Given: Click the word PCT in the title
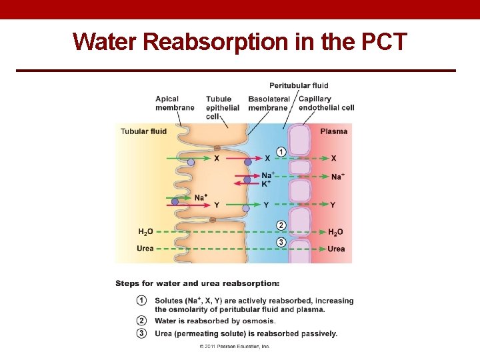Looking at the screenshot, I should pyautogui.click(x=383, y=41).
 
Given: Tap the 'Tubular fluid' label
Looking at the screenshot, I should pyautogui.click(x=143, y=131).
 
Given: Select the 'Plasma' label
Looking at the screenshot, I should pyautogui.click(x=333, y=131).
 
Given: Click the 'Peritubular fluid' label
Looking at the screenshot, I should pyautogui.click(x=299, y=85).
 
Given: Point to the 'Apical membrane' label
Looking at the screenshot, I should pyautogui.click(x=175, y=103).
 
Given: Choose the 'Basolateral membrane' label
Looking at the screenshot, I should pyautogui.click(x=268, y=103).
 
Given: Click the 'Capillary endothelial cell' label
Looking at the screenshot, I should pyautogui.click(x=326, y=103).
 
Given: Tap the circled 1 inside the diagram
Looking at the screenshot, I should pyautogui.click(x=281, y=152).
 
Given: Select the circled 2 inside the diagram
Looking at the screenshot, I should pyautogui.click(x=281, y=225).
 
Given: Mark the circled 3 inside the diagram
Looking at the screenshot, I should pyautogui.click(x=281, y=242).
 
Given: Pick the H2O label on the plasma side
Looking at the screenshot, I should pyautogui.click(x=335, y=232).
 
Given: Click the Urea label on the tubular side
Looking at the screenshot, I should pyautogui.click(x=145, y=249).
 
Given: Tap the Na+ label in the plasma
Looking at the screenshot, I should pyautogui.click(x=337, y=177).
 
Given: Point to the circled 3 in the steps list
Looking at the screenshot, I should pyautogui.click(x=141, y=333).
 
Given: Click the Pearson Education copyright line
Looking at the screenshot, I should pyautogui.click(x=234, y=347).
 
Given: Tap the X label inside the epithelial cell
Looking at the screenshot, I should pyautogui.click(x=217, y=159).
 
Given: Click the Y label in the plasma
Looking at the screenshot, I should pyautogui.click(x=333, y=205).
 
